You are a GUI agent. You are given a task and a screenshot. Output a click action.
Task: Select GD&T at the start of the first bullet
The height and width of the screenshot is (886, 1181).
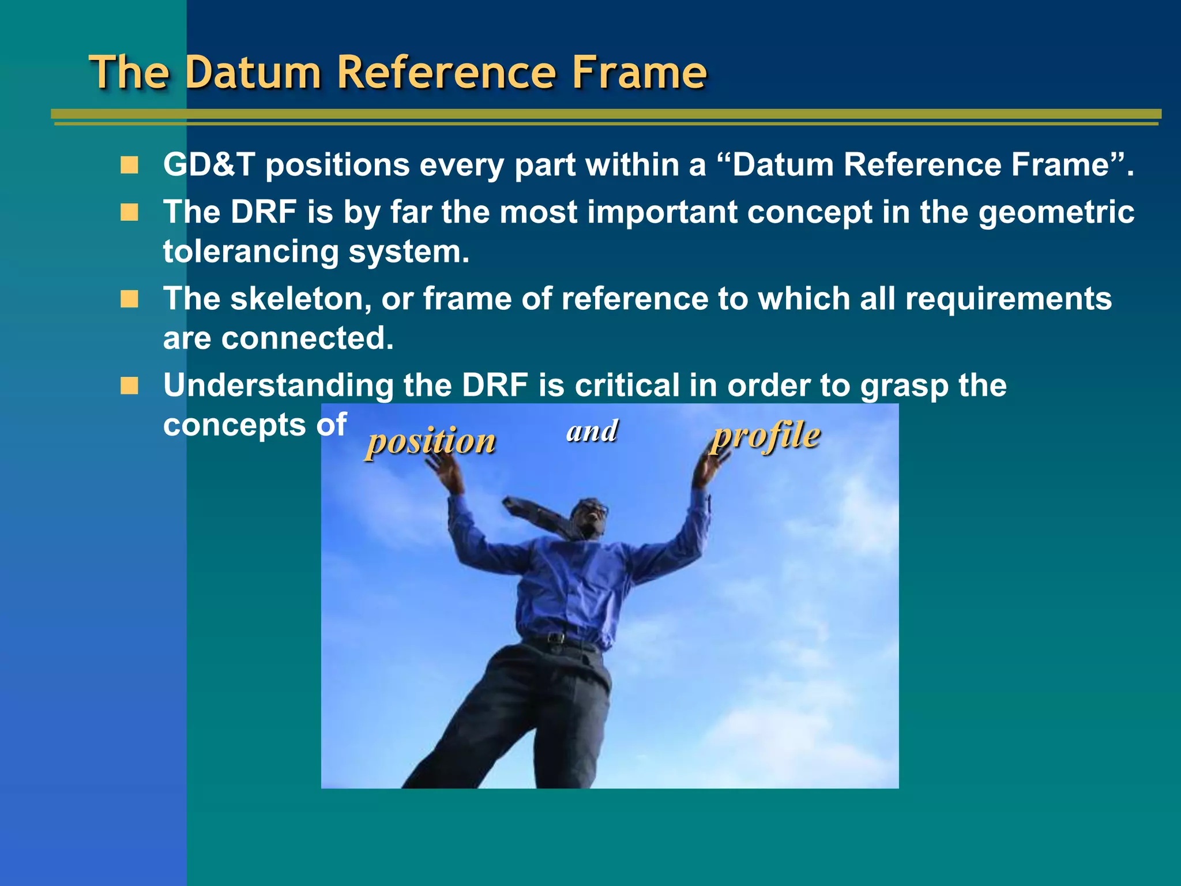coord(209,165)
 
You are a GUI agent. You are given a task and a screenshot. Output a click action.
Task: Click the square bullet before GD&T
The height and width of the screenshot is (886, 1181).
coord(129,166)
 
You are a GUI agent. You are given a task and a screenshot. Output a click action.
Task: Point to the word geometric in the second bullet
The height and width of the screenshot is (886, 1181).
coord(1056,213)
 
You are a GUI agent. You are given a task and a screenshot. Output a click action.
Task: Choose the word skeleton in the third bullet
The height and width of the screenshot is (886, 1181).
coord(296,299)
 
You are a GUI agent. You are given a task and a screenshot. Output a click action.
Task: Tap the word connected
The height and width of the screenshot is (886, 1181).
coord(307,339)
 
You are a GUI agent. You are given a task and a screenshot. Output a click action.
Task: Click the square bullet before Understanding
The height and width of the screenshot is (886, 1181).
coord(129,386)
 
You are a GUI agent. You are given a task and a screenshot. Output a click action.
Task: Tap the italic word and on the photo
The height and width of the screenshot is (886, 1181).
coord(592,431)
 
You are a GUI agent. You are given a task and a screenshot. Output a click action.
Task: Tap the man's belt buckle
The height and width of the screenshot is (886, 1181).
coord(555,638)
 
